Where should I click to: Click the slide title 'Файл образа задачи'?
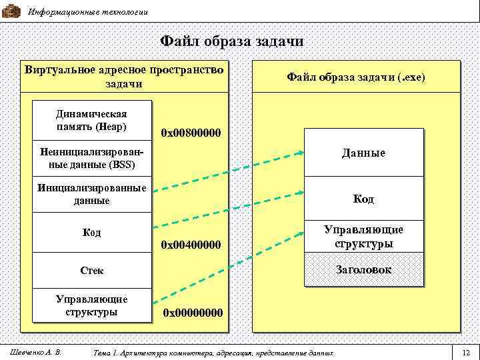point(232,41)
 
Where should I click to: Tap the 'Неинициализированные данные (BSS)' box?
point(92,157)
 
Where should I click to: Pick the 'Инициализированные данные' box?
point(92,194)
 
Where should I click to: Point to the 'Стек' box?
point(92,271)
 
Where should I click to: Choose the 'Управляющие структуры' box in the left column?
point(92,305)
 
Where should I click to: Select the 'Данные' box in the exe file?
point(364,153)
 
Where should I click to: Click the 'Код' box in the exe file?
point(364,199)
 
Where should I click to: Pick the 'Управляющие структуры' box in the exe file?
point(364,236)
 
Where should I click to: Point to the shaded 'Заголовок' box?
point(364,269)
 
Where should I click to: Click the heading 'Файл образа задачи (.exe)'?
point(355,78)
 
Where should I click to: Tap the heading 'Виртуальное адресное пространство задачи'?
point(123,77)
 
